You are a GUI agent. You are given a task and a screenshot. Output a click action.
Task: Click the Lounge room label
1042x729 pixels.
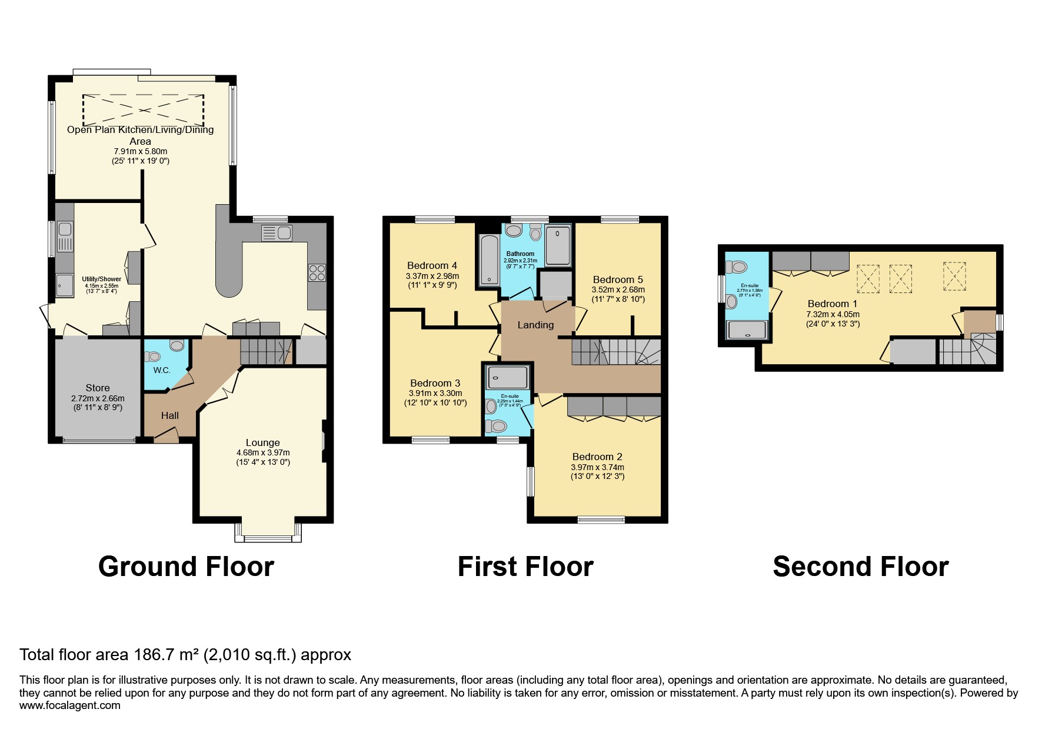pos(262,442)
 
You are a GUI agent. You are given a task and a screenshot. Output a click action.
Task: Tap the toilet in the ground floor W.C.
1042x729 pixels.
pos(154,356)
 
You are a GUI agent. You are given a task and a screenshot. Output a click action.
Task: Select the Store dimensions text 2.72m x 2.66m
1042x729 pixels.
pos(98,398)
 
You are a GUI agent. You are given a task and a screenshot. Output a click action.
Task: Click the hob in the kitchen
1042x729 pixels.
pos(317,273)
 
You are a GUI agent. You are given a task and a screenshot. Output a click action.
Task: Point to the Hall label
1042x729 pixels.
pos(170,415)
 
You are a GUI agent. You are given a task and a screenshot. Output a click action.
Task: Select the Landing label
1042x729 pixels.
pos(535,325)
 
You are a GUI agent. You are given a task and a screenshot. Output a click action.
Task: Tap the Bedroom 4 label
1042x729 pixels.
pos(432,265)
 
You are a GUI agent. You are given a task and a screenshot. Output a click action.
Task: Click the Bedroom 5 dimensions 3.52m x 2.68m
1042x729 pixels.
pos(618,289)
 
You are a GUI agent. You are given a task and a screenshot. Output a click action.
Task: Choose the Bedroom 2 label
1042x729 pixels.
pos(597,457)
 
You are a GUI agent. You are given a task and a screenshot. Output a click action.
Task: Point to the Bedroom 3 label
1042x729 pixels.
pos(435,383)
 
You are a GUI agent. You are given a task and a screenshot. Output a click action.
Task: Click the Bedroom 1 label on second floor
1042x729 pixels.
pos(832,304)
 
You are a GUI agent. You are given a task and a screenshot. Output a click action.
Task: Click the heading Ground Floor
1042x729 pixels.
pos(186,567)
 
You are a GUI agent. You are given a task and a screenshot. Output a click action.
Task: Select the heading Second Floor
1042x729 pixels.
pos(860,567)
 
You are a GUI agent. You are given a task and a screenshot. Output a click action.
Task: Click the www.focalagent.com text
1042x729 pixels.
pos(70,705)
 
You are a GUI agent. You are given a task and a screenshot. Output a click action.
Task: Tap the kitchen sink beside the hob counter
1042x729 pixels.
pos(276,233)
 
